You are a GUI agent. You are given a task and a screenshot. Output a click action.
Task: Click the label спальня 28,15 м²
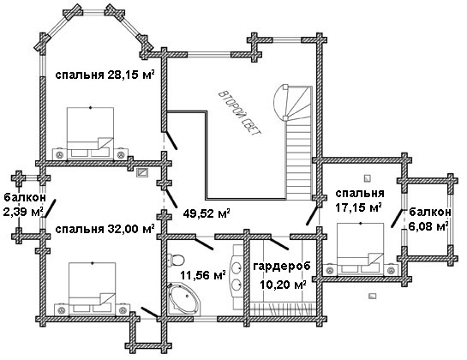tap(105, 75)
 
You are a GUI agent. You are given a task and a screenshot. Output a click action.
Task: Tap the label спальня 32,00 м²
tap(105, 229)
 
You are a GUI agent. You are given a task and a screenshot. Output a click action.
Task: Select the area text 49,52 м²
tap(207, 213)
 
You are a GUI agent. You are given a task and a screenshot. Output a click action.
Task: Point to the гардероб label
tap(282, 266)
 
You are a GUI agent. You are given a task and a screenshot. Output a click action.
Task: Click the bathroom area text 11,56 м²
tap(202, 275)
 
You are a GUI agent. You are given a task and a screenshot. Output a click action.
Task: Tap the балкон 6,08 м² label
tap(429, 219)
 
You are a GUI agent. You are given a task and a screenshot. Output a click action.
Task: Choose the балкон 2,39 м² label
tap(25, 205)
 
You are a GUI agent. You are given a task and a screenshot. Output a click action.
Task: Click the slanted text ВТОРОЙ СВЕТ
tap(240, 114)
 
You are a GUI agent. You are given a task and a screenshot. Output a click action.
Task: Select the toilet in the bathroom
tap(176, 260)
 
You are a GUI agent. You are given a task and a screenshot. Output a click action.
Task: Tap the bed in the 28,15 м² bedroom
tap(90, 133)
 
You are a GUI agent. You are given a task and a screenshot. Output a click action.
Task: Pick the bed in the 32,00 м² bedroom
tap(92, 288)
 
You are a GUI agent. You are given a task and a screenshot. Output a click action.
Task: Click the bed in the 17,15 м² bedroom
tap(360, 249)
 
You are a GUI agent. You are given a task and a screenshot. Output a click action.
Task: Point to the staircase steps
tap(299, 158)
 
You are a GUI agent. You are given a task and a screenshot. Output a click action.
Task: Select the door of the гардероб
tap(279, 243)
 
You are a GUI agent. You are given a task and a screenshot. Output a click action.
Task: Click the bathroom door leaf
tap(203, 243)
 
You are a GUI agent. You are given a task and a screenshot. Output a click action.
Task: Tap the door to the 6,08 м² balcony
tap(397, 219)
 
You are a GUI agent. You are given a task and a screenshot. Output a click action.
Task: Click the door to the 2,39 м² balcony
tap(50, 209)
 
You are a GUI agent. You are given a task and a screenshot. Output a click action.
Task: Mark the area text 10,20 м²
tap(283, 285)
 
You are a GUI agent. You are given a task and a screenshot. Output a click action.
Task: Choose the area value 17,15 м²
tap(359, 207)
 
